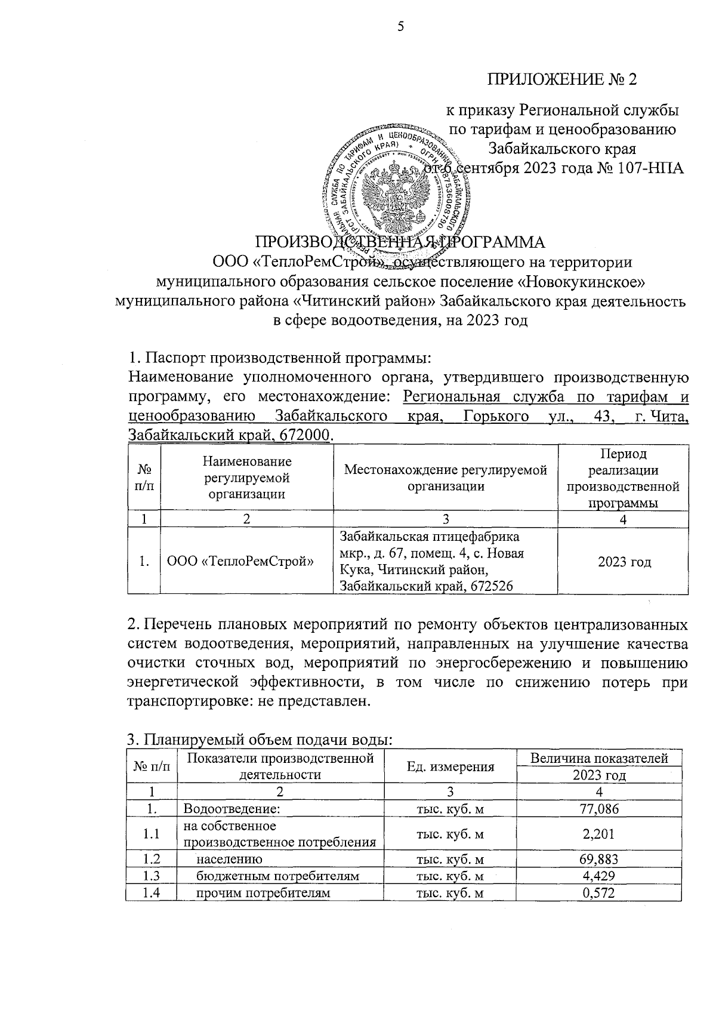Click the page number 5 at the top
401,26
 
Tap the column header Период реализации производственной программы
623,478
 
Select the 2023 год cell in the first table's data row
624,562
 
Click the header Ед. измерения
450,767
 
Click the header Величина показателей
598,759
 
